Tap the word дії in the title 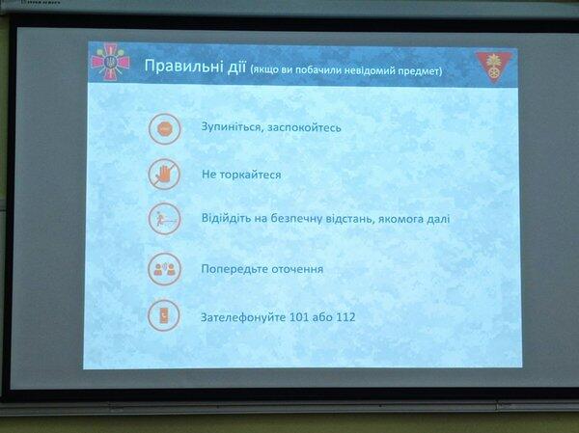pos(236,67)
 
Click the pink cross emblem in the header pos(110,62)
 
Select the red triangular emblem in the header pos(494,67)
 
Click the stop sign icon pos(165,129)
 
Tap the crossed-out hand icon pos(164,175)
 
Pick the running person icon pos(164,219)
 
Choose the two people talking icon pos(164,269)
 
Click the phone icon pos(164,316)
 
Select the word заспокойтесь pos(304,127)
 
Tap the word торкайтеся pos(250,175)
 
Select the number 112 pos(345,317)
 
